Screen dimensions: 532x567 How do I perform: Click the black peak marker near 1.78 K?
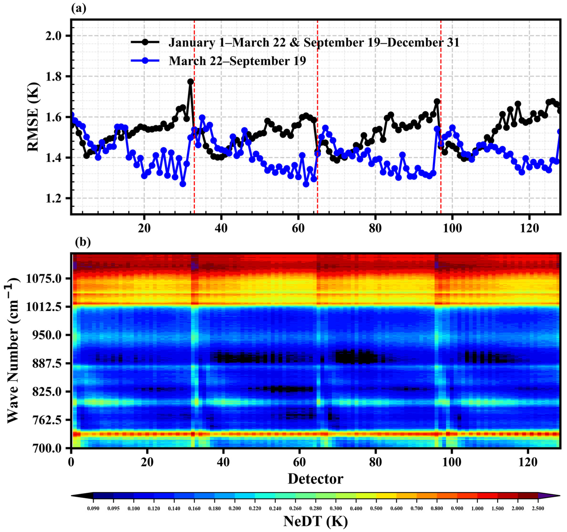[190, 82]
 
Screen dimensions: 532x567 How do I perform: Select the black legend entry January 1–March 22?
[314, 43]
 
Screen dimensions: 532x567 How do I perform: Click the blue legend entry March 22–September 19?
[237, 61]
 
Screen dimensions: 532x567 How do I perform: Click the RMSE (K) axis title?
[33, 117]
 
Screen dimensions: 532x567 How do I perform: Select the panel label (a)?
[78, 9]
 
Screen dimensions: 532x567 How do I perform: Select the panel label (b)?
[83, 242]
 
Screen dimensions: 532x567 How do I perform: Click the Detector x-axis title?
[315, 479]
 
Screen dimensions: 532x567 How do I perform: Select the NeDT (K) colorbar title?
[315, 521]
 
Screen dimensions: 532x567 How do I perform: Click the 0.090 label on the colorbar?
[93, 508]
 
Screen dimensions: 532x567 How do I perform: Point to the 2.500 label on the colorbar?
[538, 508]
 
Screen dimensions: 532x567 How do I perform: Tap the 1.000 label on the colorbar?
[477, 508]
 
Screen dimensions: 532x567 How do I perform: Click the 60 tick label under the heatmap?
[299, 462]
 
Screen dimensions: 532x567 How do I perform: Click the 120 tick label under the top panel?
[529, 228]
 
